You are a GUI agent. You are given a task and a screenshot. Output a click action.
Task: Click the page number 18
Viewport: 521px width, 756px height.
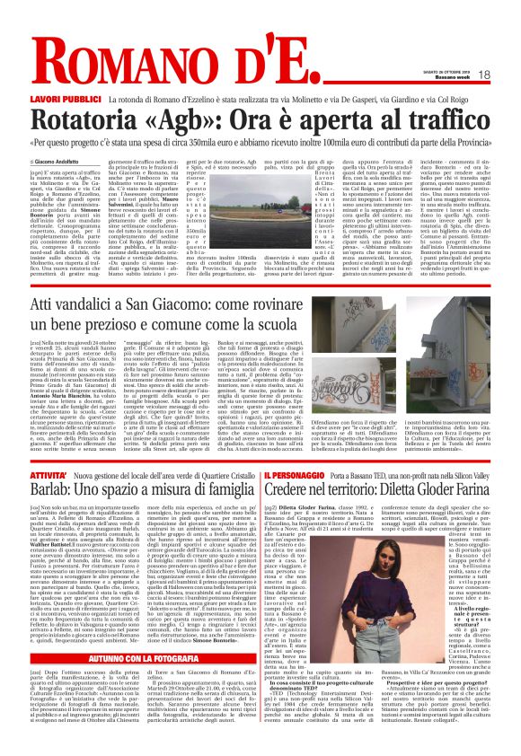pyautogui.click(x=508, y=75)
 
